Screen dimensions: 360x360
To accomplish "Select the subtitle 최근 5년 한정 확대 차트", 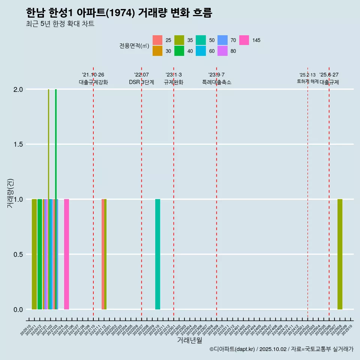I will click(x=60, y=24).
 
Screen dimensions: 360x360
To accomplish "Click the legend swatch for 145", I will click(x=244, y=40).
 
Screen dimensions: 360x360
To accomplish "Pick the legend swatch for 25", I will click(x=157, y=40).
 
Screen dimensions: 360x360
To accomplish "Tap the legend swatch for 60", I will click(x=201, y=51).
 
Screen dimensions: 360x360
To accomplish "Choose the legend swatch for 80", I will click(x=222, y=51).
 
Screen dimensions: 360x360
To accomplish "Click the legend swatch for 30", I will click(x=157, y=51).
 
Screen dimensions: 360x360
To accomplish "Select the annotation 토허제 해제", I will click(x=307, y=81).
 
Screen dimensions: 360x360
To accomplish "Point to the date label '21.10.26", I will click(x=93, y=75).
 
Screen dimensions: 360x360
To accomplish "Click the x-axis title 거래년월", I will click(x=189, y=340).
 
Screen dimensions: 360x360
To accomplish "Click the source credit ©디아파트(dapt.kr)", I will click(x=232, y=349).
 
